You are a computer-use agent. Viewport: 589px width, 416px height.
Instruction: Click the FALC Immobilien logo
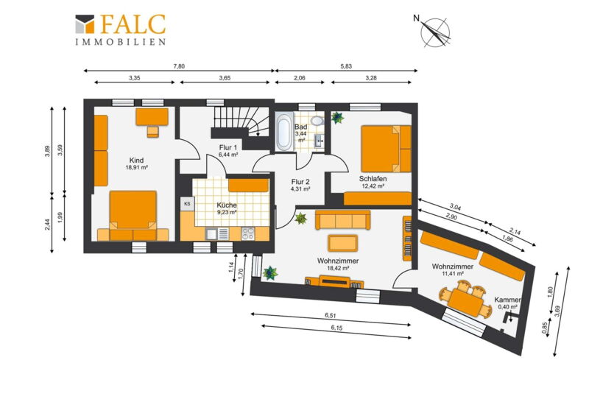(120, 29)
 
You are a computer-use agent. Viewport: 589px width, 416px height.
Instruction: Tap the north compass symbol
(434, 32)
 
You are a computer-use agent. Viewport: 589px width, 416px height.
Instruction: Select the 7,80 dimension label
(179, 66)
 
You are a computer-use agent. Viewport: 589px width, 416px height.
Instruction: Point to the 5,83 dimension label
(346, 66)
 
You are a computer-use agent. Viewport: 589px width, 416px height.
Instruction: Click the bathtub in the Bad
(283, 131)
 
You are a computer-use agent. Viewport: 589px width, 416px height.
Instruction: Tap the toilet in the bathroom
(318, 119)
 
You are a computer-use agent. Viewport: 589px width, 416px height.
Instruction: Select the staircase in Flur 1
(241, 121)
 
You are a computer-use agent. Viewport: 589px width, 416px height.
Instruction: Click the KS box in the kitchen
(187, 204)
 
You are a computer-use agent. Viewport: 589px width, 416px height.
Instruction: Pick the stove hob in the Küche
(248, 233)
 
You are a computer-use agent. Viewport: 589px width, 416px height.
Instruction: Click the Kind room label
(136, 161)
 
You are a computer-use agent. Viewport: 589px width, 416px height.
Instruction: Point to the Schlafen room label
(373, 179)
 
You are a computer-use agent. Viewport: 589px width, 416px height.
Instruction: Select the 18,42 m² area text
(338, 268)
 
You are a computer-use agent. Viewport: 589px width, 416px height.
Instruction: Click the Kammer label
(507, 300)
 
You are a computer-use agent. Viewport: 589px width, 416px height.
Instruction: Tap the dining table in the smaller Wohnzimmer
(466, 302)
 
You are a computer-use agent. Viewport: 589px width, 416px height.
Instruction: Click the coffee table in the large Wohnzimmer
(342, 243)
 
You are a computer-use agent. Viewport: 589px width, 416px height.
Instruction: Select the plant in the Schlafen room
(337, 118)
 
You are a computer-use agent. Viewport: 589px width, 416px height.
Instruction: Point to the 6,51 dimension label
(331, 316)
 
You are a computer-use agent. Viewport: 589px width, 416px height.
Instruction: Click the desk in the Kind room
(152, 116)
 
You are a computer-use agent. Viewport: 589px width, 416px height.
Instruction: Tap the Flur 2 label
(300, 182)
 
